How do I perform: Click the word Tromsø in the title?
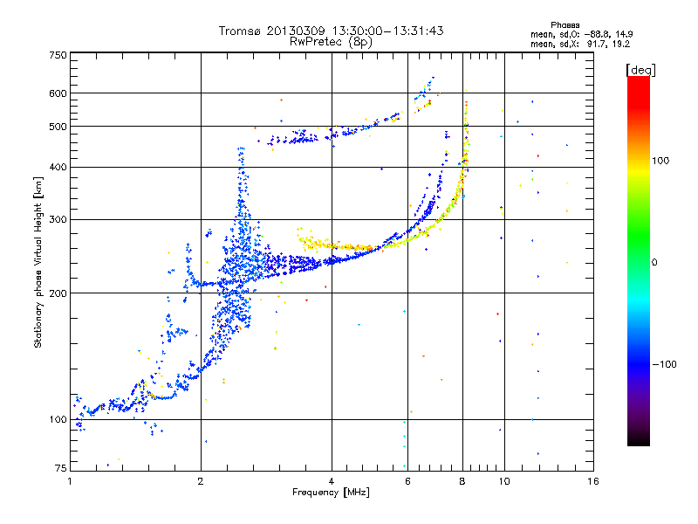[240, 31]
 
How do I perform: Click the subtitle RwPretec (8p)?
[331, 42]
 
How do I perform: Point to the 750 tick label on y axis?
[58, 55]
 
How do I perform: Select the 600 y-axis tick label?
[58, 93]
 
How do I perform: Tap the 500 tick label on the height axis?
[58, 127]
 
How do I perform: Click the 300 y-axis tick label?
[58, 220]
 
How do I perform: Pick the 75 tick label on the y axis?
[61, 468]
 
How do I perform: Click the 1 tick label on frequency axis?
[70, 481]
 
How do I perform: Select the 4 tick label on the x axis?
[332, 481]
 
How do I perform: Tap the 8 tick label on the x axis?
[462, 481]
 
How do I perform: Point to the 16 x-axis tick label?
[593, 481]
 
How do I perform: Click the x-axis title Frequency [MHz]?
[331, 493]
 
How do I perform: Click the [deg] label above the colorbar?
[640, 70]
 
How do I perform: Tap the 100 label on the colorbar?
[660, 161]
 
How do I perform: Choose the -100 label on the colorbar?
[664, 364]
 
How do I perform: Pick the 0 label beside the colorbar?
[654, 263]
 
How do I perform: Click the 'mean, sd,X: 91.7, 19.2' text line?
[580, 45]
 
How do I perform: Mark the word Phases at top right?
[565, 25]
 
